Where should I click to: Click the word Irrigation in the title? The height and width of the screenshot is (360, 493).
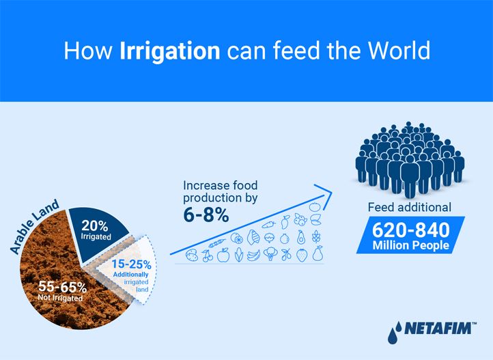point(170,51)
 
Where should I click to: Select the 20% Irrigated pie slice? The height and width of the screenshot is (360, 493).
point(98,233)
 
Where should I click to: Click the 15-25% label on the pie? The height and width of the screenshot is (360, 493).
point(131,264)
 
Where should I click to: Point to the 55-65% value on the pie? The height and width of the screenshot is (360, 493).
point(62,287)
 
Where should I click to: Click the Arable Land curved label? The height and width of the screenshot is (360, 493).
point(35,226)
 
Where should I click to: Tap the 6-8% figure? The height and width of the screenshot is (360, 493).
point(206,215)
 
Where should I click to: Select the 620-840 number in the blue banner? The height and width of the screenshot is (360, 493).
point(411,230)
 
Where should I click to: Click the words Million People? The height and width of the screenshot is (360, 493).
point(410,245)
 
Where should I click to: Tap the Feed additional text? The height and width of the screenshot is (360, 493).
point(410,208)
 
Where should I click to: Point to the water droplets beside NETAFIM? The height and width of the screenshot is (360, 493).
point(395,332)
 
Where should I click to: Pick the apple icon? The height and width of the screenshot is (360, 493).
point(223,255)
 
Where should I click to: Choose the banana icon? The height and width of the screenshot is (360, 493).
point(253,255)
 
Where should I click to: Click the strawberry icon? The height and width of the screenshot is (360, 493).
point(302,255)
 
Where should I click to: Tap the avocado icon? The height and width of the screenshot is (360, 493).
point(301,237)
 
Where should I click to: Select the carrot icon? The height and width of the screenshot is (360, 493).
point(269,225)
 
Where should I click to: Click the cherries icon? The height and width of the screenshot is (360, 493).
point(208,255)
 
